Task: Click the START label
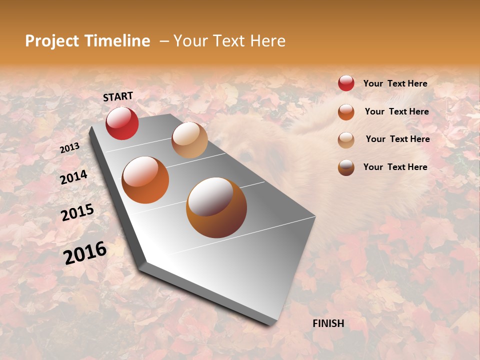click(x=118, y=96)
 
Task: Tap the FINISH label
click(x=328, y=323)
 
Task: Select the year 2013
click(x=69, y=148)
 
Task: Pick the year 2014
click(x=73, y=177)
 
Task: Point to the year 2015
click(x=77, y=212)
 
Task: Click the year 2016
click(x=85, y=253)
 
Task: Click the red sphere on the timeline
click(x=122, y=123)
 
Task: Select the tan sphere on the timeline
click(x=189, y=140)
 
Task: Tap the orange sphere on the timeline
click(x=145, y=180)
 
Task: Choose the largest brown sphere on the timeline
click(x=216, y=207)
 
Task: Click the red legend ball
click(x=346, y=83)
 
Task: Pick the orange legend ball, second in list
click(x=346, y=112)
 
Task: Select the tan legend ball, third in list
click(x=346, y=140)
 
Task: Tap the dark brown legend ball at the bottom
click(x=346, y=167)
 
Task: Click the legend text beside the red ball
click(x=395, y=83)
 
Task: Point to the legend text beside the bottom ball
click(x=395, y=167)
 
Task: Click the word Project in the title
click(x=51, y=41)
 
